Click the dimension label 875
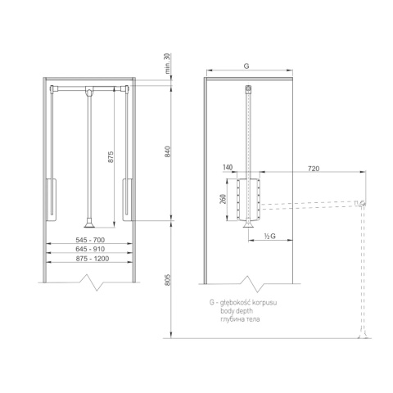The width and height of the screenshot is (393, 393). coord(111,157)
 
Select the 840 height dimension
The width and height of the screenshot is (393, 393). coord(167,151)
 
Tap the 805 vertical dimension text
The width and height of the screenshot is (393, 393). coord(167,280)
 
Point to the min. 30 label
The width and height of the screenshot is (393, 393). coord(167,64)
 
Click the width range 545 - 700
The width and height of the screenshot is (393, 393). coord(90,240)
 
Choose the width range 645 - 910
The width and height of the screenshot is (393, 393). coord(90,249)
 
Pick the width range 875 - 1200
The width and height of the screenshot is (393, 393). coord(93,259)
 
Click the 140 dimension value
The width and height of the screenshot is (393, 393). coord(228,167)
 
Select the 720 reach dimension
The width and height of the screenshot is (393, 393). coord(314,169)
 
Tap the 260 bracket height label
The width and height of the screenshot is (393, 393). coord(223,199)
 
